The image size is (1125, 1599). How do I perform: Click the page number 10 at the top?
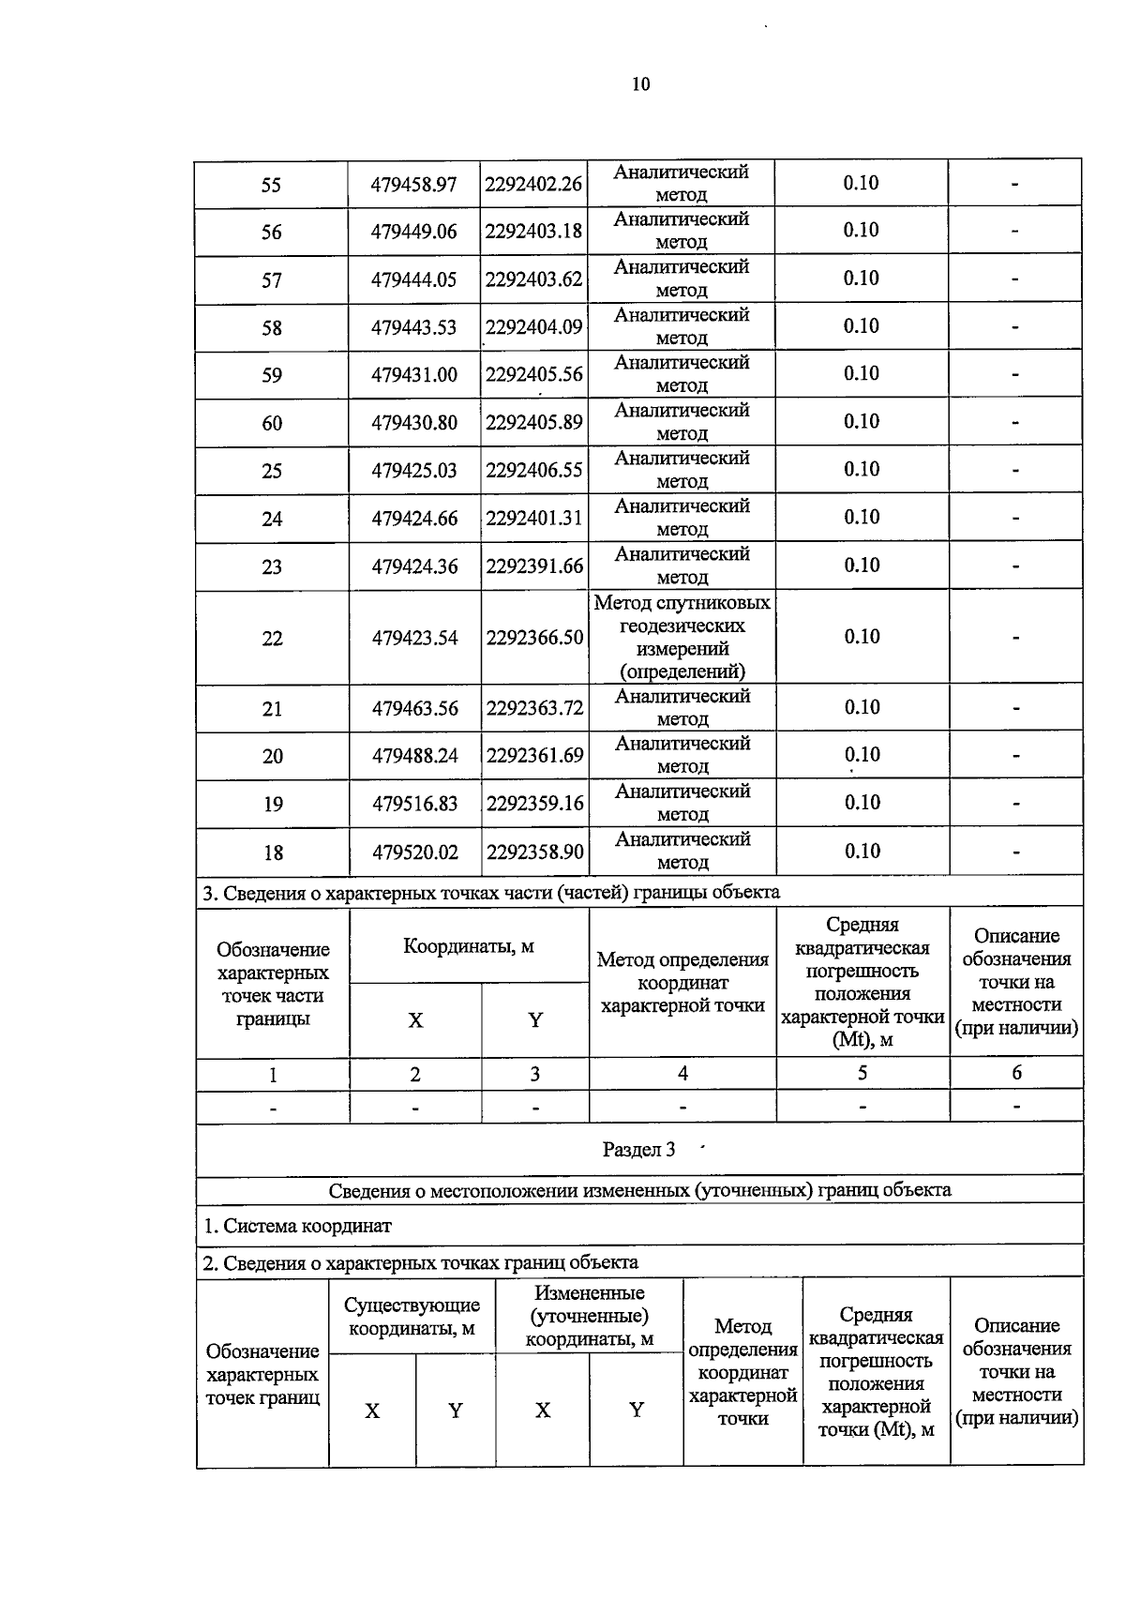click(640, 84)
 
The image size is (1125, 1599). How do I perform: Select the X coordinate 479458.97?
click(413, 184)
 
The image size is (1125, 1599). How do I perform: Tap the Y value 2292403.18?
click(533, 231)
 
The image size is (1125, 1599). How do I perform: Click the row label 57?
click(271, 280)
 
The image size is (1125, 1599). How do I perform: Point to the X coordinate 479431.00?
click(414, 375)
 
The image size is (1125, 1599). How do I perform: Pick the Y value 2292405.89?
click(533, 422)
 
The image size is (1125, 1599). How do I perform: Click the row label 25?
click(272, 471)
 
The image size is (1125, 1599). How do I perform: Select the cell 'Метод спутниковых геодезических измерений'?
click(682, 637)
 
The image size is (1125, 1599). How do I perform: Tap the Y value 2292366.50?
click(534, 638)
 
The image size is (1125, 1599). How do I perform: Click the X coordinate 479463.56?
click(415, 709)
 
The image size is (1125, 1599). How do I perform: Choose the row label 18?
click(273, 852)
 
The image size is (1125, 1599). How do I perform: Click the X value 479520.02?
click(415, 852)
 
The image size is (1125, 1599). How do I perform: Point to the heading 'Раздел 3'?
click(638, 1150)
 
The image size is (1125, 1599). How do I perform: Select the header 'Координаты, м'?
click(469, 945)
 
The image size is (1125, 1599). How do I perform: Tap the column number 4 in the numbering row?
click(682, 1073)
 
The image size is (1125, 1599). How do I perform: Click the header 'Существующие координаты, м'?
click(412, 1317)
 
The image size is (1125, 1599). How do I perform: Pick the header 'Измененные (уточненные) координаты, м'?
click(589, 1317)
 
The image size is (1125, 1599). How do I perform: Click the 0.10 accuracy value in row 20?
click(862, 755)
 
